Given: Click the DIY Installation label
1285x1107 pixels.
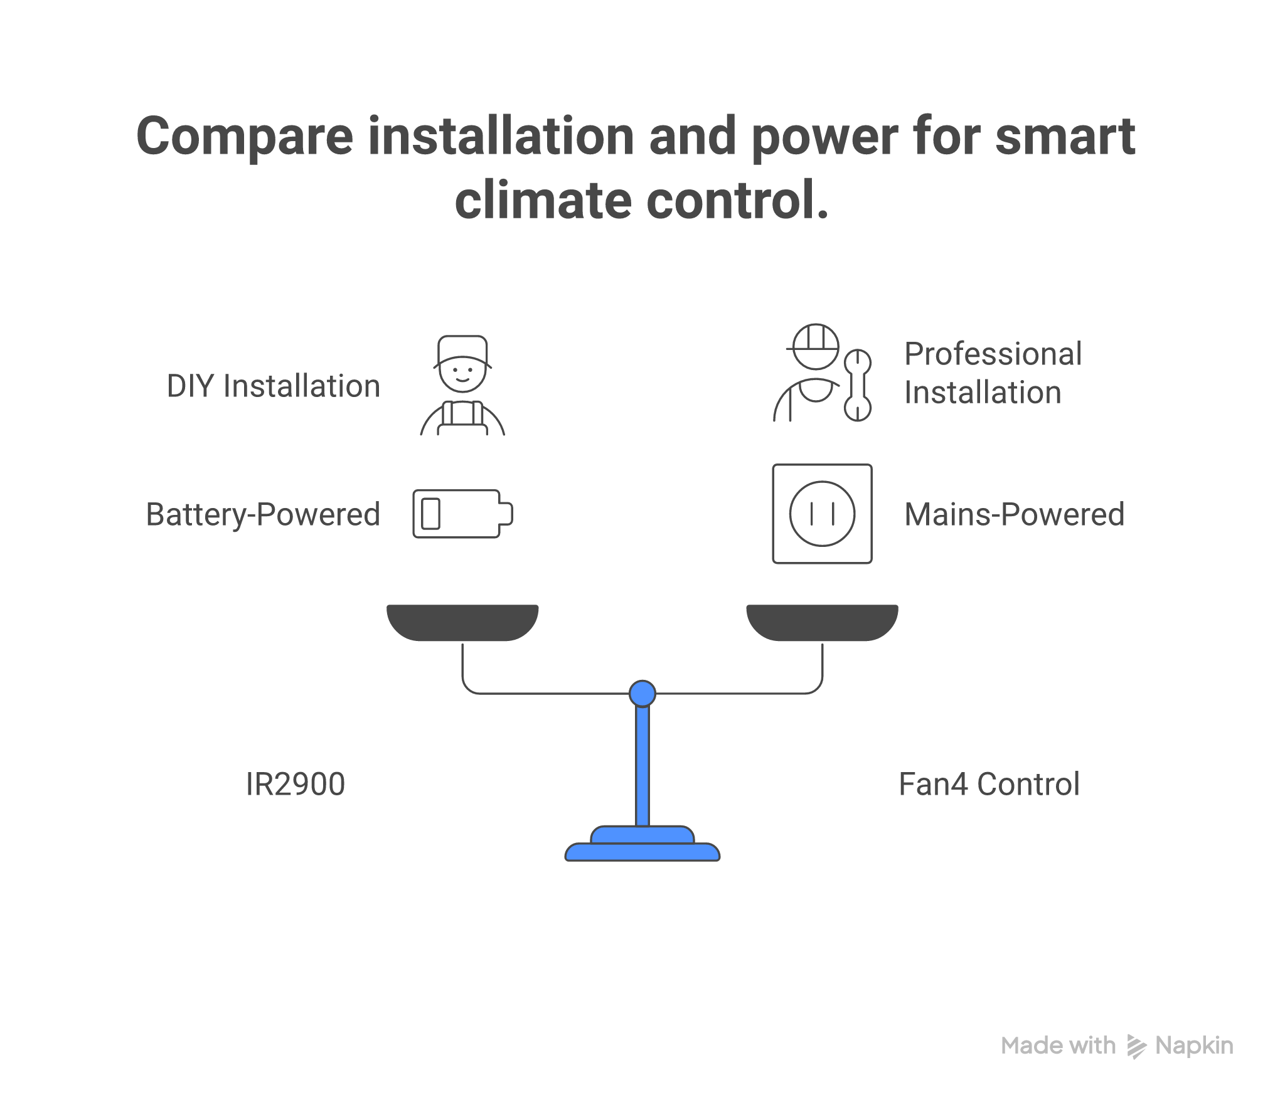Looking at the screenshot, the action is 274,386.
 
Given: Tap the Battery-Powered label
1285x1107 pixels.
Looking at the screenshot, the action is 263,515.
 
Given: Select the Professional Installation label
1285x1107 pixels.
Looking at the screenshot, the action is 993,373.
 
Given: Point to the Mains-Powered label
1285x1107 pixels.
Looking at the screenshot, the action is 1014,515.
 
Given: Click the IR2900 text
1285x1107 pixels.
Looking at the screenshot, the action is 295,784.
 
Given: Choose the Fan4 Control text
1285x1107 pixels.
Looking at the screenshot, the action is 989,784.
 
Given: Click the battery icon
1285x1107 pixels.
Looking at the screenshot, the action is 462,514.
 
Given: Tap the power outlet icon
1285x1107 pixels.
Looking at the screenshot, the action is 822,514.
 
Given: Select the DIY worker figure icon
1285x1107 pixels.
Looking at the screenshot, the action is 462,386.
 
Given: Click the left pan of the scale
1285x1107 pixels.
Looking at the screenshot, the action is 462,622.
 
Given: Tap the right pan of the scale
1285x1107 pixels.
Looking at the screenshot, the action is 822,622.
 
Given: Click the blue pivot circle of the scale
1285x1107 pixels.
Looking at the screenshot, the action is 642,694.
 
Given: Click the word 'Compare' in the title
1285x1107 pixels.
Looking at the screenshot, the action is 245,136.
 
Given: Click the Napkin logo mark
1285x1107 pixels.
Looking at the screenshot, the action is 1136,1046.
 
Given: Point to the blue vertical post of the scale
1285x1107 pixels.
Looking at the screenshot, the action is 642,765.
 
